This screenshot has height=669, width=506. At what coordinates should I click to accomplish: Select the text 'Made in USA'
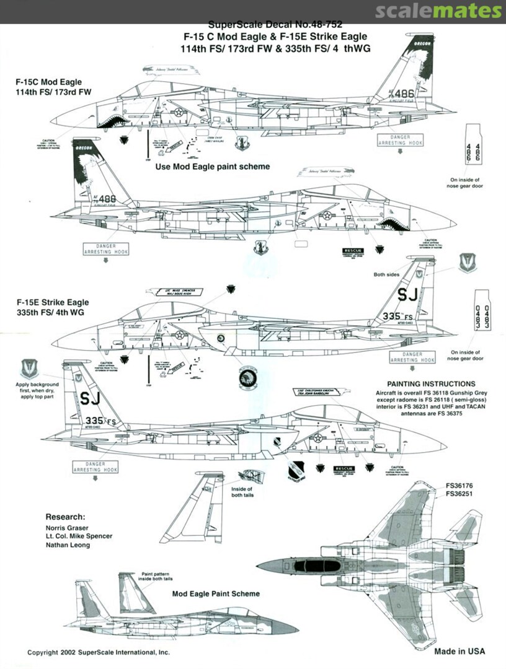[x=459, y=651]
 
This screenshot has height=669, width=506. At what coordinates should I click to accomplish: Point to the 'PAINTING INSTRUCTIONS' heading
[x=431, y=384]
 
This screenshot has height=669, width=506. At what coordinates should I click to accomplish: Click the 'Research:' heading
[x=65, y=516]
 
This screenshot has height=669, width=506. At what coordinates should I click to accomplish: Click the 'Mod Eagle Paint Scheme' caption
[x=216, y=593]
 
